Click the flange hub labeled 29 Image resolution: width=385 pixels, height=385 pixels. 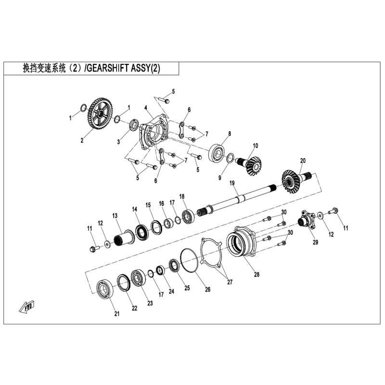pos(306,221)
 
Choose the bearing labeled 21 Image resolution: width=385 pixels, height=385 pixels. pos(104,289)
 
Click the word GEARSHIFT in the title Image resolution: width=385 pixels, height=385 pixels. pos(108,69)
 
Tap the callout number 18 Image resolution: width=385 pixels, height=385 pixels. pos(182,196)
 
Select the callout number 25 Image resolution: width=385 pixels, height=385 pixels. pos(187,288)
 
